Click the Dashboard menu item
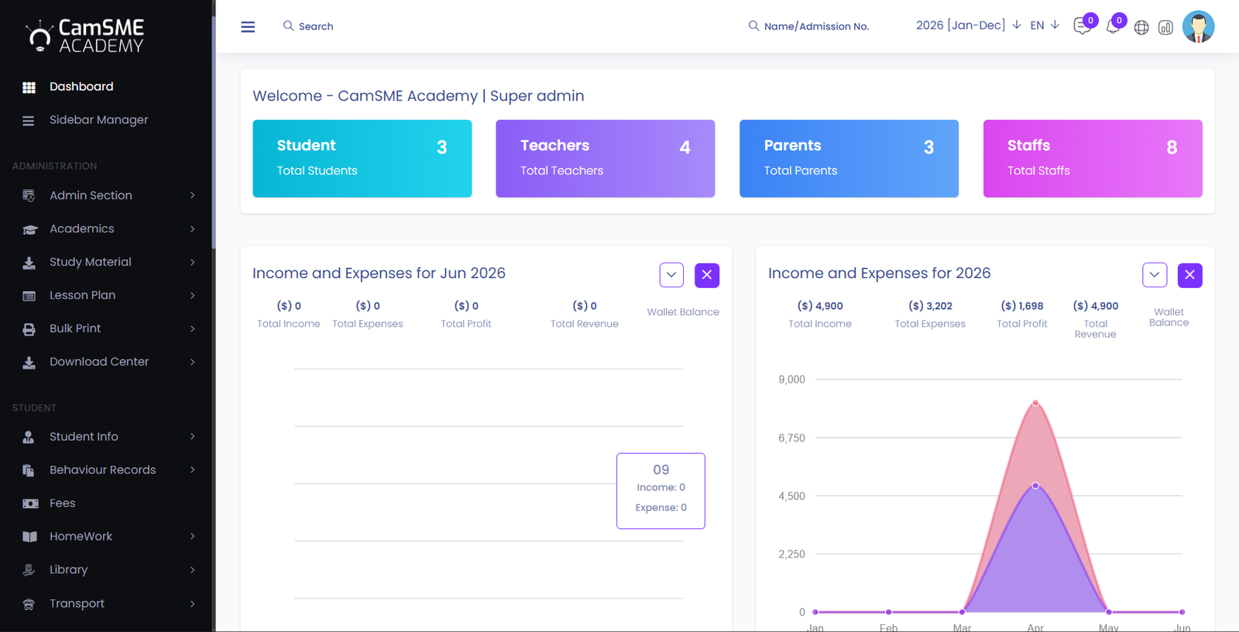click(x=81, y=86)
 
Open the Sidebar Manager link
click(x=98, y=119)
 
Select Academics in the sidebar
click(x=82, y=228)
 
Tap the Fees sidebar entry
click(x=62, y=503)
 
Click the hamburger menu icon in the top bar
click(x=248, y=26)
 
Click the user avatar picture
click(x=1198, y=26)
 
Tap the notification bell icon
click(x=1113, y=26)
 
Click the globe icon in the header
click(x=1141, y=27)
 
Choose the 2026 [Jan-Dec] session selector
click(x=968, y=26)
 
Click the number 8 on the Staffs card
click(x=1172, y=147)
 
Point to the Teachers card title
click(x=554, y=145)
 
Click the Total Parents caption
click(x=801, y=170)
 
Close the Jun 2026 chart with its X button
click(x=707, y=275)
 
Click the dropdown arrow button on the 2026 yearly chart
click(x=1155, y=275)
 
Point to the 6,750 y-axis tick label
click(x=791, y=438)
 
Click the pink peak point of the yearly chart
click(x=1035, y=403)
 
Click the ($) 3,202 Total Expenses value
click(x=930, y=306)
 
